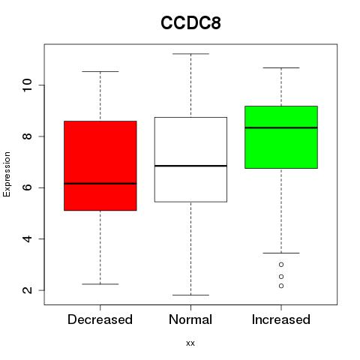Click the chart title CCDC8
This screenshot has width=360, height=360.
click(x=190, y=23)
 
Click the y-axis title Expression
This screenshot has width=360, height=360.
click(x=7, y=174)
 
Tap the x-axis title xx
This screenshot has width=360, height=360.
click(x=190, y=343)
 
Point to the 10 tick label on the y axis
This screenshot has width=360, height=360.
click(x=27, y=85)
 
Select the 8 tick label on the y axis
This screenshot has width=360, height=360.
click(x=27, y=136)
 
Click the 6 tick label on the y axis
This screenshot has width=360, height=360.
click(x=27, y=187)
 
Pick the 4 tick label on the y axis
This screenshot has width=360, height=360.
click(x=27, y=238)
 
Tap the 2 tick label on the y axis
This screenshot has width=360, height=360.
click(x=27, y=290)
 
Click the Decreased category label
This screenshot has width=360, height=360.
click(x=100, y=319)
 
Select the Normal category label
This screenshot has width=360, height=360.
click(x=190, y=319)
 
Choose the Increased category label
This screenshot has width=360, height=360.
click(x=281, y=319)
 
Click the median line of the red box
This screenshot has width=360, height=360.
click(x=100, y=184)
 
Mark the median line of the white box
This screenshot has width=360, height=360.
click(x=190, y=166)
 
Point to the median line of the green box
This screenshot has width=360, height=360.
click(x=281, y=127)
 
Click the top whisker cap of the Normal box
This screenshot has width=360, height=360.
click(x=190, y=54)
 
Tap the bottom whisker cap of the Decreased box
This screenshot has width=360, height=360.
click(x=100, y=284)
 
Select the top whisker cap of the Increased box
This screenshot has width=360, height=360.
click(x=281, y=67)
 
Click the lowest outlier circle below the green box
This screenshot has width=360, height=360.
click(x=281, y=286)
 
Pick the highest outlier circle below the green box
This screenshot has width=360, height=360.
click(x=281, y=265)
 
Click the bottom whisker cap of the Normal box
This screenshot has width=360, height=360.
click(x=190, y=295)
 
